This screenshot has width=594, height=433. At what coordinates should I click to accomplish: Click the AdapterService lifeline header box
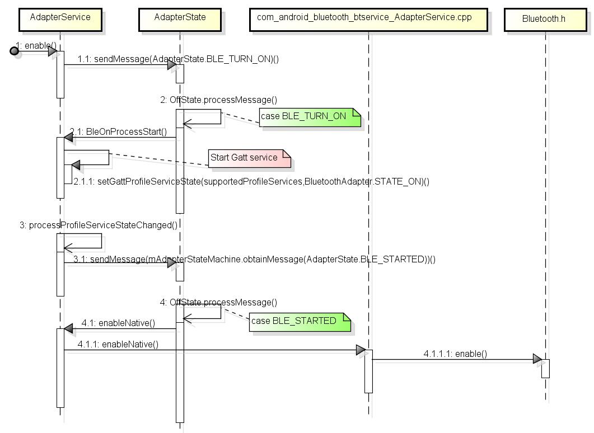[60, 18]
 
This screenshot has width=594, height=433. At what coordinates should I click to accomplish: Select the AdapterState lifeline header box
[180, 18]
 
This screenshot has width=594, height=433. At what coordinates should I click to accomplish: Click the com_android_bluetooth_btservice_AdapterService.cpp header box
[368, 18]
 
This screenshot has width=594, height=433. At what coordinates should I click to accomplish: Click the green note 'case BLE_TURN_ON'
[310, 117]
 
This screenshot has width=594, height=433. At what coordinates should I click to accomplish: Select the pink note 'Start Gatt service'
[249, 158]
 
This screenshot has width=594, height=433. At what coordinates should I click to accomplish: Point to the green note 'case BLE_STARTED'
[299, 321]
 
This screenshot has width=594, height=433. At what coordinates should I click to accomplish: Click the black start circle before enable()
[15, 51]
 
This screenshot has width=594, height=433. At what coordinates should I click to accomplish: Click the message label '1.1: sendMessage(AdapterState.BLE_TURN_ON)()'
[178, 59]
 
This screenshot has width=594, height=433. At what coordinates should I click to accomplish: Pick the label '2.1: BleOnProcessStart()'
[118, 132]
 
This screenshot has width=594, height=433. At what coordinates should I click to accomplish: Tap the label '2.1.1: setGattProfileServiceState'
[251, 181]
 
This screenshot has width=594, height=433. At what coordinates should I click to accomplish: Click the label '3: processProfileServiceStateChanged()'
[99, 225]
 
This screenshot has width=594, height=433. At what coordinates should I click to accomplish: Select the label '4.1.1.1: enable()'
[455, 354]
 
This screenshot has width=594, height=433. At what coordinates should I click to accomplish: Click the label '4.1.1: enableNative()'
[118, 344]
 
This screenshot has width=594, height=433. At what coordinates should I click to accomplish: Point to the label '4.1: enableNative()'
[118, 323]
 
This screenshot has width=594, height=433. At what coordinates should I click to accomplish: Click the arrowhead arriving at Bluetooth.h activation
[537, 359]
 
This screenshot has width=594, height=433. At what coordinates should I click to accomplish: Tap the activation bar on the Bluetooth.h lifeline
[545, 368]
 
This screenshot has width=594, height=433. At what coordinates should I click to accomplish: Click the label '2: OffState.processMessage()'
[218, 100]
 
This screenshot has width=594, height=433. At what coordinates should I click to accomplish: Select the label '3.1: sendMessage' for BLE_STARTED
[254, 259]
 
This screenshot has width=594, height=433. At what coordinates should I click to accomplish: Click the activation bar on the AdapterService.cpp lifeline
[368, 371]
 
